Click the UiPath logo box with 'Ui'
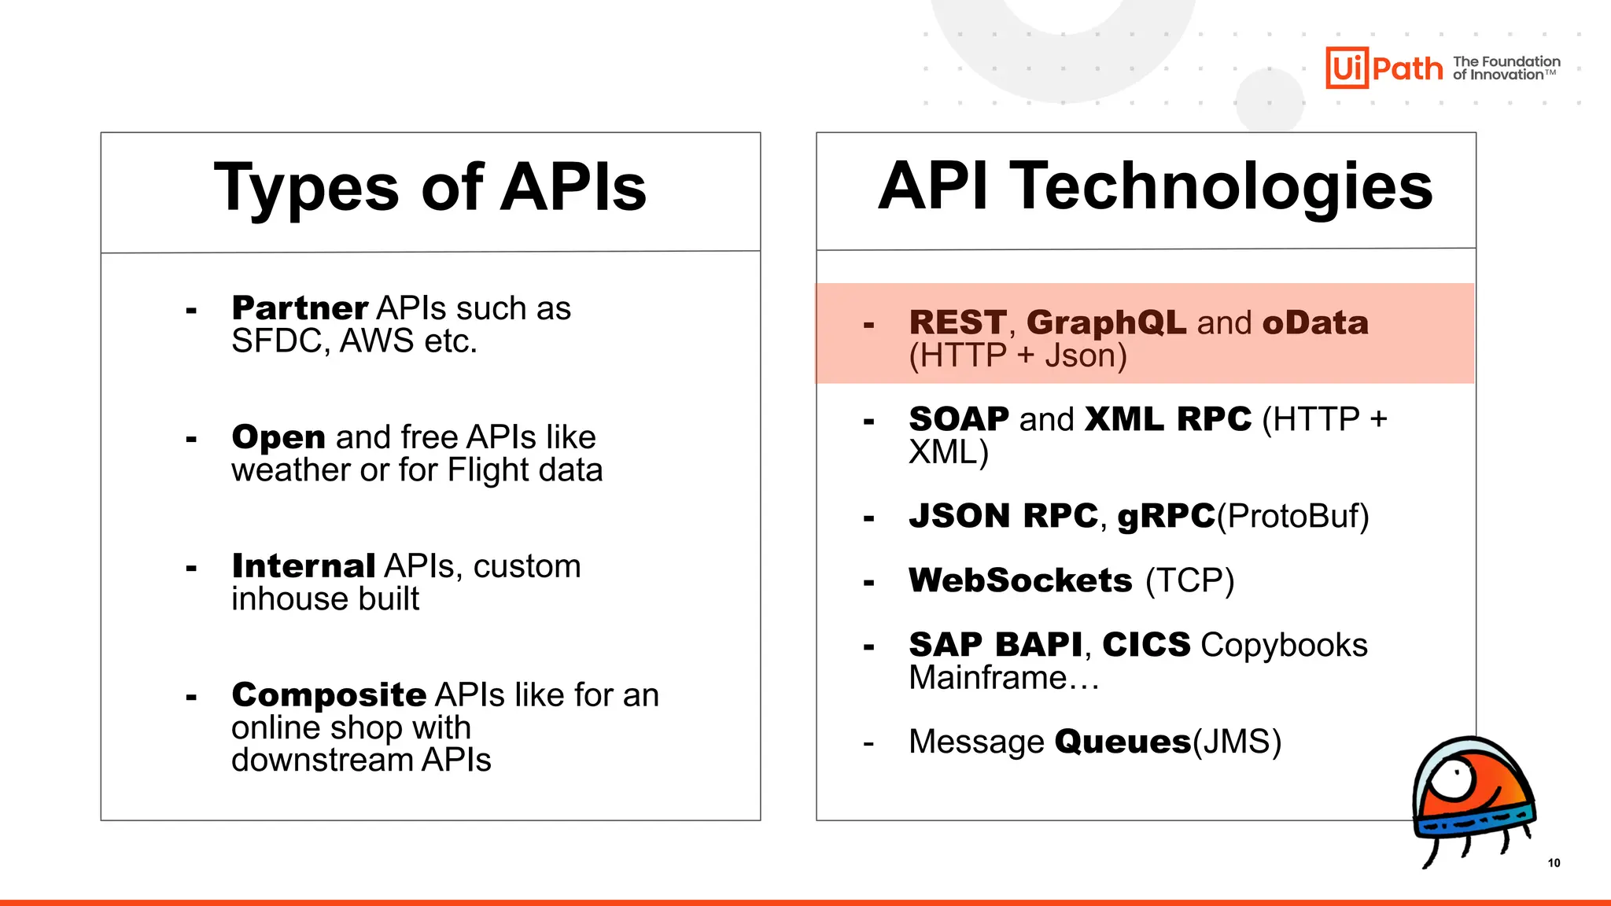click(1347, 68)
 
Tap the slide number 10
click(1554, 863)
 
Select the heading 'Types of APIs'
click(430, 189)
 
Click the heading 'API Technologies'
click(1155, 187)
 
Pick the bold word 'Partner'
click(300, 308)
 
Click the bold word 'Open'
click(278, 437)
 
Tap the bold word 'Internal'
click(304, 566)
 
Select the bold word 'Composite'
click(329, 695)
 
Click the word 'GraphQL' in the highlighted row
click(1106, 323)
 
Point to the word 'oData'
click(1315, 323)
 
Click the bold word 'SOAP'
click(958, 419)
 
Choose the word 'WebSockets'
click(1020, 580)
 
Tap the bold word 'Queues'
click(1123, 742)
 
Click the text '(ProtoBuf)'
click(1292, 517)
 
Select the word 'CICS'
click(1146, 645)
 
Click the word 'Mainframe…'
click(1004, 678)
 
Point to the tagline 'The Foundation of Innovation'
click(1506, 68)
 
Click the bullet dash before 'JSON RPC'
click(868, 518)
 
